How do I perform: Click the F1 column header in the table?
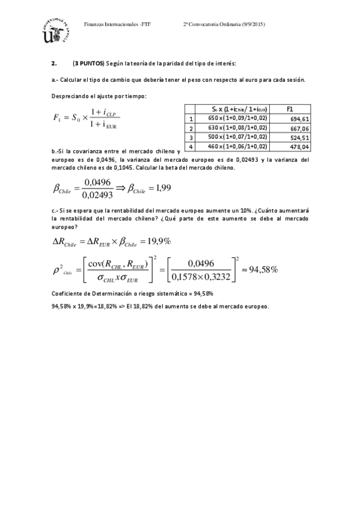290,109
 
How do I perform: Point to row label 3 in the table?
191,138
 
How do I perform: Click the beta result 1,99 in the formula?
162,188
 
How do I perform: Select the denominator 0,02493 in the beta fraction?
99,194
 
